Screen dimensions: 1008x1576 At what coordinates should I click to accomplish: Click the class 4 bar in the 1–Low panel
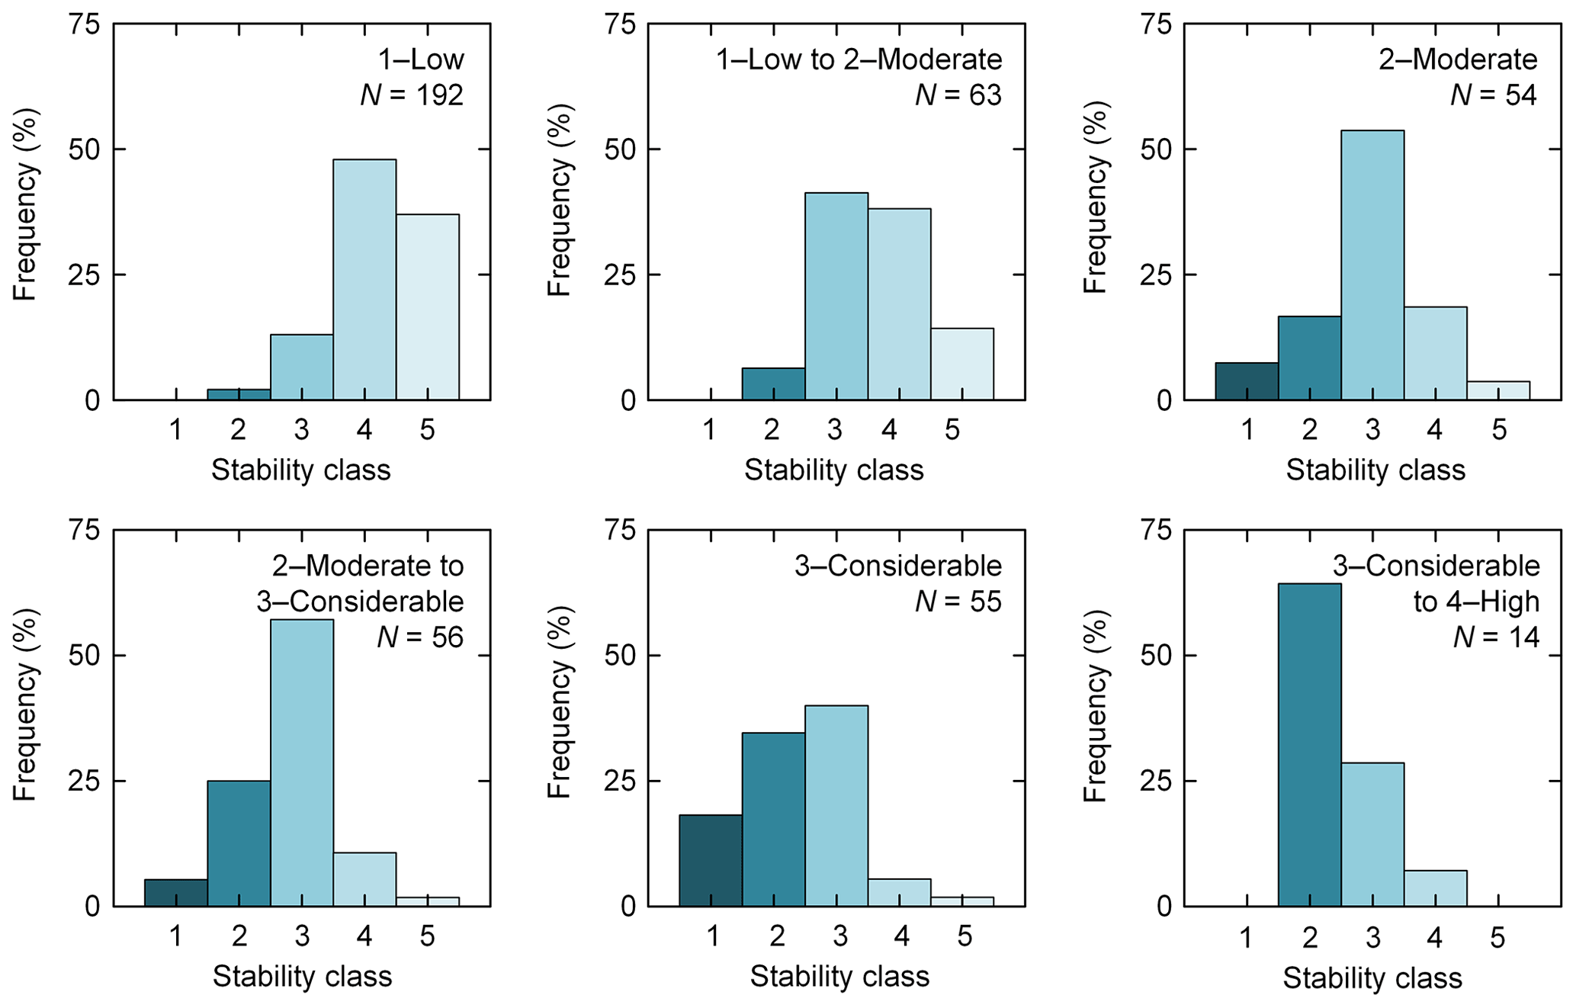(364, 279)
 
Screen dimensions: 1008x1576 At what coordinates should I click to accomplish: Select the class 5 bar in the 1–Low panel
(428, 307)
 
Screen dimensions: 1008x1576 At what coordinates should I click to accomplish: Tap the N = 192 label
(412, 95)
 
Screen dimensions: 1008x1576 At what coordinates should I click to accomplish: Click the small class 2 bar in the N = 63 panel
(773, 384)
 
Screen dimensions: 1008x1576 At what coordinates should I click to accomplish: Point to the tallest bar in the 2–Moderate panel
(1372, 265)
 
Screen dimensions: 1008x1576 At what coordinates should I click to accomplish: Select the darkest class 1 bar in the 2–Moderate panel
(1247, 380)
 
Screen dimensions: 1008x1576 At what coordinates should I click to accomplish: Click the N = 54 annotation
(1494, 95)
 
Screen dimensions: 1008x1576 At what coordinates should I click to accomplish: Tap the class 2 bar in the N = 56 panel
(239, 843)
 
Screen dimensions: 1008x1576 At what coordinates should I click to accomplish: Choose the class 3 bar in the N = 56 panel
(302, 762)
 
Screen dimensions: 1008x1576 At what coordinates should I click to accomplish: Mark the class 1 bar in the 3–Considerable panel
(711, 860)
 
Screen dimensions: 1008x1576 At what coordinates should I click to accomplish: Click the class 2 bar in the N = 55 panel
(774, 819)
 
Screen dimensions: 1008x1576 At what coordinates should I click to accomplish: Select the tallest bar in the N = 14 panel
(1309, 744)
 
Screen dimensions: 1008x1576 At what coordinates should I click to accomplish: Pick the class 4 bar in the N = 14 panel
(1435, 888)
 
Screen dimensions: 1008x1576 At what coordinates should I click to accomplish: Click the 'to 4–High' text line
(1476, 602)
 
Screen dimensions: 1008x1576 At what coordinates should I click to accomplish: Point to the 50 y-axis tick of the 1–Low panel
(84, 149)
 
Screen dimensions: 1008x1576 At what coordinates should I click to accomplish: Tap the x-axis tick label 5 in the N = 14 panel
(1498, 936)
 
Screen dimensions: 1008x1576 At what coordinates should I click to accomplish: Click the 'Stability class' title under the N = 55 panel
(839, 977)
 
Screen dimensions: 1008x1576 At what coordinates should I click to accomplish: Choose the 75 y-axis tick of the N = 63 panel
(619, 24)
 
